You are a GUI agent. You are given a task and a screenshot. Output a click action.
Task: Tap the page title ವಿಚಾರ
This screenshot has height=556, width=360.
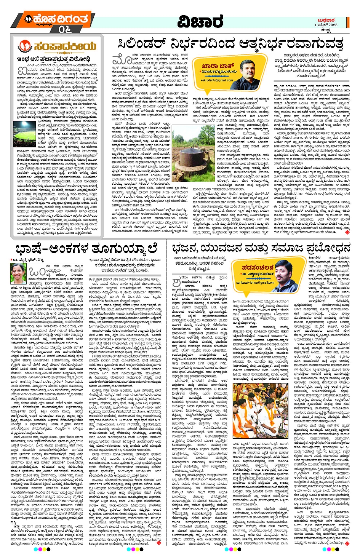click(x=200, y=22)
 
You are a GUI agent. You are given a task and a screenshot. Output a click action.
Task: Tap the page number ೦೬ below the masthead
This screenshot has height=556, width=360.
click(x=65, y=29)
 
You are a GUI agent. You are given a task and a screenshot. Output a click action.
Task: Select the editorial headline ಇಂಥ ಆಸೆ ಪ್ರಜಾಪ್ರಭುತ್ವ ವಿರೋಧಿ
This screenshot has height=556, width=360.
click(x=53, y=59)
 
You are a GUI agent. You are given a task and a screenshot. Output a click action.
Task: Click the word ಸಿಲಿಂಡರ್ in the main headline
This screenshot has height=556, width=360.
click(x=143, y=44)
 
